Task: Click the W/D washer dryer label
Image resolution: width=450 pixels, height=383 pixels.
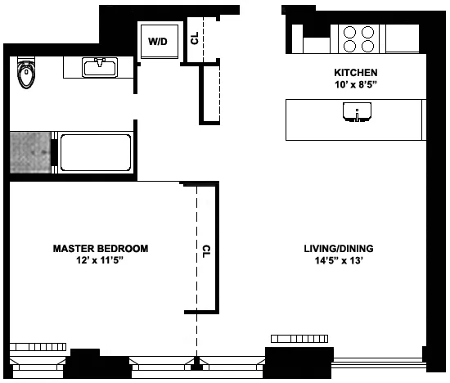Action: pyautogui.click(x=158, y=39)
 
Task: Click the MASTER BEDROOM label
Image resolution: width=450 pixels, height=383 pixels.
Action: pyautogui.click(x=101, y=248)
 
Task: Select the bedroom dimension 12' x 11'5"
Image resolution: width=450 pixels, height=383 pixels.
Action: pyautogui.click(x=101, y=259)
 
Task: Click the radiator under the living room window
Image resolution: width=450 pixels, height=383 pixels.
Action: pyautogui.click(x=301, y=338)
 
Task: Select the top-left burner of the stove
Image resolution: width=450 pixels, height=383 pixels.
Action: pyautogui.click(x=349, y=33)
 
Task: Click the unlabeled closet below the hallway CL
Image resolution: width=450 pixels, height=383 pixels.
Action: pyautogui.click(x=211, y=93)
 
